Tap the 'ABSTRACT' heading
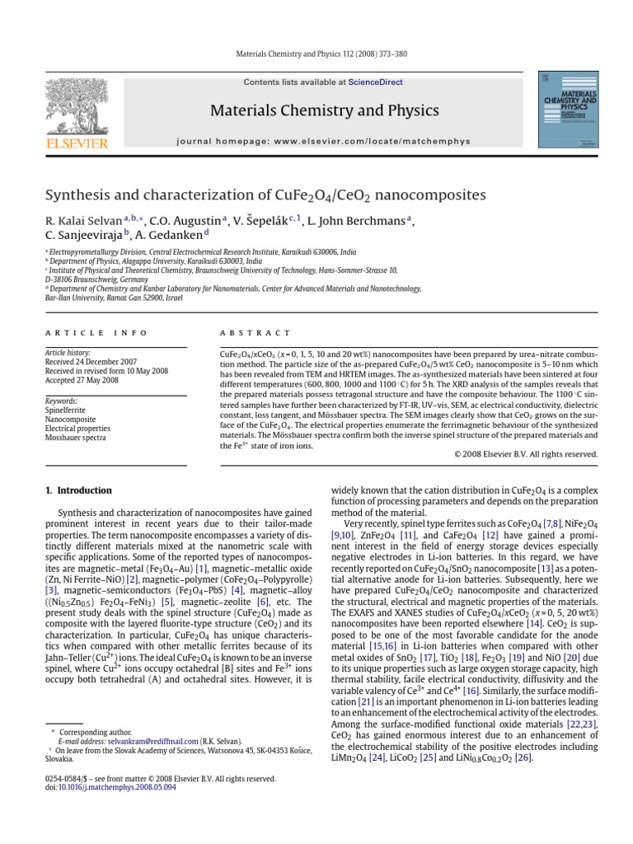[255, 333]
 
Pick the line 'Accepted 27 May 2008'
[82, 380]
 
